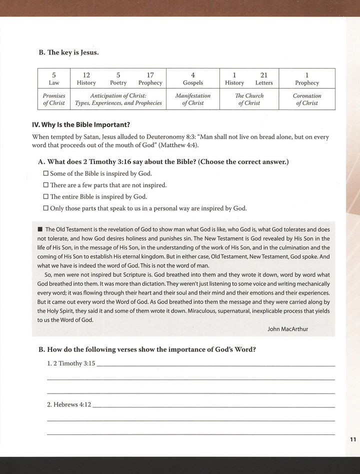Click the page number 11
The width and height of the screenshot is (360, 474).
click(352, 439)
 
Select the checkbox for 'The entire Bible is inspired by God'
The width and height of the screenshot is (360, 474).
click(46, 196)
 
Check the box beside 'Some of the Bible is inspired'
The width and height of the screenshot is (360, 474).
click(46, 173)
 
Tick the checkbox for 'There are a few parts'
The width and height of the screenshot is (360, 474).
click(46, 185)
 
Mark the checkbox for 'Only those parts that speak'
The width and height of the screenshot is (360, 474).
click(46, 208)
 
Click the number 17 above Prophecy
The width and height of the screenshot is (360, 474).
click(150, 75)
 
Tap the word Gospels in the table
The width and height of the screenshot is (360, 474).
click(192, 83)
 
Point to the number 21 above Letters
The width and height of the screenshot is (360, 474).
click(264, 75)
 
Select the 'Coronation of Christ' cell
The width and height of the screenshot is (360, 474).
click(307, 99)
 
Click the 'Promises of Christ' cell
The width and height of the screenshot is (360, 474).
click(54, 99)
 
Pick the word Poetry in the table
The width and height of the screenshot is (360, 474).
click(118, 83)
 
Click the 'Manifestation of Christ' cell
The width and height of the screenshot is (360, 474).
click(192, 99)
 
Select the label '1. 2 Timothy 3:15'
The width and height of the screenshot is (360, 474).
click(70, 363)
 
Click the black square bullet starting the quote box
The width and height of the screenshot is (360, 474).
click(40, 229)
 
